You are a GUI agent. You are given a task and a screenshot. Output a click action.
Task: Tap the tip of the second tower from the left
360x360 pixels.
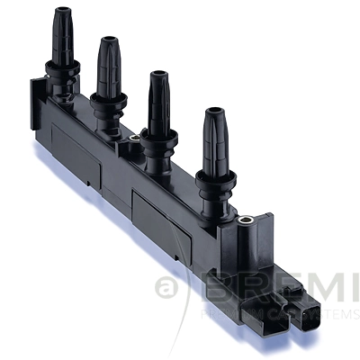click(109, 41)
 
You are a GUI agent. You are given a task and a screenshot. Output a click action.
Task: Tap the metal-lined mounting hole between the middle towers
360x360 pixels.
click(135, 139)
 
